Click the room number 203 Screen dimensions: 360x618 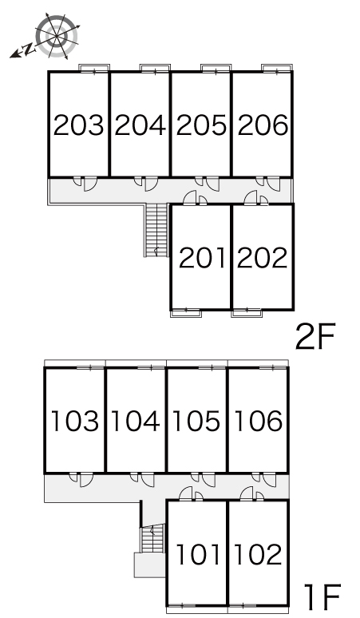[x=78, y=125]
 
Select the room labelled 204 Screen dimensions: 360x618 [x=140, y=125]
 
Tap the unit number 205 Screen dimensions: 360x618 [x=201, y=125]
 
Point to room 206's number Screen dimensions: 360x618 [x=263, y=125]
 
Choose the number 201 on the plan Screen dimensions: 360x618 [x=203, y=258]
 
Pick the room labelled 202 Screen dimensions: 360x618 [x=262, y=258]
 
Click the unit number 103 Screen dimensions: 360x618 [x=75, y=421]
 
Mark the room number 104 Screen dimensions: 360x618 [x=136, y=421]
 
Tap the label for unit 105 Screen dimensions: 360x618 [x=196, y=421]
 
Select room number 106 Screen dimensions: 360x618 [x=258, y=421]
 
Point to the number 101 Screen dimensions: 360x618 [x=198, y=554]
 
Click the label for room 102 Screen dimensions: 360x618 [x=258, y=554]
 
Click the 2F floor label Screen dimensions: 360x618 [x=315, y=336]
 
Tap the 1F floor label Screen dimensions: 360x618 [x=322, y=596]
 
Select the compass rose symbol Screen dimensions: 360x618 [x=57, y=36]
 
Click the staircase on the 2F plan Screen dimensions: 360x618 [x=156, y=230]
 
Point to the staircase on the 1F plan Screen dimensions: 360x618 [x=152, y=538]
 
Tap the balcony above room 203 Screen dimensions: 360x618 [x=94, y=68]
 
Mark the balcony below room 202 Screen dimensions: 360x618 [x=247, y=313]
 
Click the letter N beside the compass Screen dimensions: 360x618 [x=28, y=50]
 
